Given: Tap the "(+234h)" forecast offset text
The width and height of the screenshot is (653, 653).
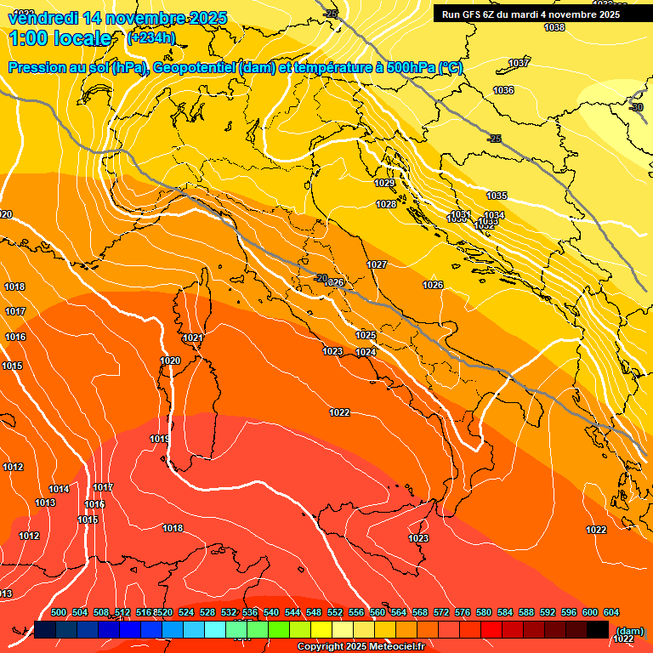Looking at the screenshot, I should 151,37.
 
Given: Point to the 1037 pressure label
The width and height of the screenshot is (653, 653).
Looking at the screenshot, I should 519,64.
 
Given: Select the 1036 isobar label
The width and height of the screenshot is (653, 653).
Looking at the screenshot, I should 503,90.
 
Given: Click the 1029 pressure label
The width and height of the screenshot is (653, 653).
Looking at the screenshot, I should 384,183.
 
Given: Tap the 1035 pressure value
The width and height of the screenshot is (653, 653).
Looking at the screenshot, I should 497,196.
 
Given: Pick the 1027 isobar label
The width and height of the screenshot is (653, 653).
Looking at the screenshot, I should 377,264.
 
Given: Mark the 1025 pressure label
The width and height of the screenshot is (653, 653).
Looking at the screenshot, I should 366,335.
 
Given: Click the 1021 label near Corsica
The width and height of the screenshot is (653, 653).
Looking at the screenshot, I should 193,338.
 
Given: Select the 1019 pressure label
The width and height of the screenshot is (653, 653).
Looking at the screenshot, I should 160,439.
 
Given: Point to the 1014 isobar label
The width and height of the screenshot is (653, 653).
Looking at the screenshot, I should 59,489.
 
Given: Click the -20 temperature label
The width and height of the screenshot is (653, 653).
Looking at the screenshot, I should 321,278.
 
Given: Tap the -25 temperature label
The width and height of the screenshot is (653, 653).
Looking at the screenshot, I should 494,139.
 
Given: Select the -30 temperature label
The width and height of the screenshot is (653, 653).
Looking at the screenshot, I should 636,107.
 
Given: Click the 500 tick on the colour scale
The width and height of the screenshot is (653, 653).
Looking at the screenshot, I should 59,612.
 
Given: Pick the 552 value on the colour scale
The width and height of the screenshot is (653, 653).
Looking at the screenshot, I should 335,612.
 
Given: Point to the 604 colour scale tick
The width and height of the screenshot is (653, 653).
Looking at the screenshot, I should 610,612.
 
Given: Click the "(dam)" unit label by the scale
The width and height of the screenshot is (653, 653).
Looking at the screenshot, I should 629,630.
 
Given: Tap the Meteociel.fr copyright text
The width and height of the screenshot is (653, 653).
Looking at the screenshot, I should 360,647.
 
